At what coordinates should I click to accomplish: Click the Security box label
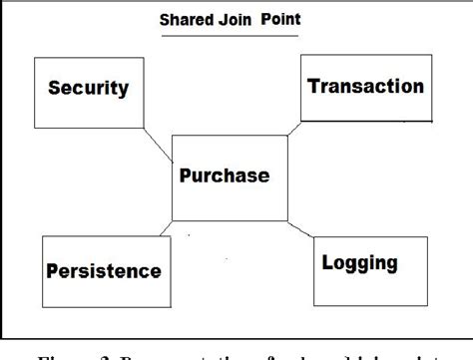pyautogui.click(x=89, y=89)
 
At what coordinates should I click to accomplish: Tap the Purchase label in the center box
pyautogui.click(x=225, y=177)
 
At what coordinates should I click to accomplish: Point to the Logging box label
pyautogui.click(x=359, y=263)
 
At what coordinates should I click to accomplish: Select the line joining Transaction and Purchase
pyautogui.click(x=294, y=127)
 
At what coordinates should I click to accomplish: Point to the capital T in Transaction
pyautogui.click(x=313, y=86)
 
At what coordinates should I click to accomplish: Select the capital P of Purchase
pyautogui.click(x=186, y=177)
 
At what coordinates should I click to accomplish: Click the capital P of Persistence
pyautogui.click(x=50, y=270)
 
